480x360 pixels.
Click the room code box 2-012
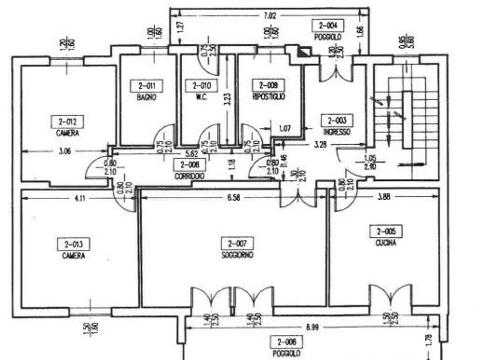tap(67, 122)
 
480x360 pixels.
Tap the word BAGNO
tap(146, 97)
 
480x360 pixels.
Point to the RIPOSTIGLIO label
tap(269, 97)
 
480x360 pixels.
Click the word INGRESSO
tap(337, 132)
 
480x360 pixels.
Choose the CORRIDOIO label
tap(189, 176)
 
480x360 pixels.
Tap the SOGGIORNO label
tap(237, 255)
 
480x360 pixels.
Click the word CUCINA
tap(386, 243)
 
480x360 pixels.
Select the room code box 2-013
tap(73, 244)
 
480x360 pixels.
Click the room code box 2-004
tap(328, 25)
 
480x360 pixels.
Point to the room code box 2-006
tap(287, 342)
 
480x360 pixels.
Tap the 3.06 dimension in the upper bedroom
tap(65, 151)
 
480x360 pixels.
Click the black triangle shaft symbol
tap(304, 52)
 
